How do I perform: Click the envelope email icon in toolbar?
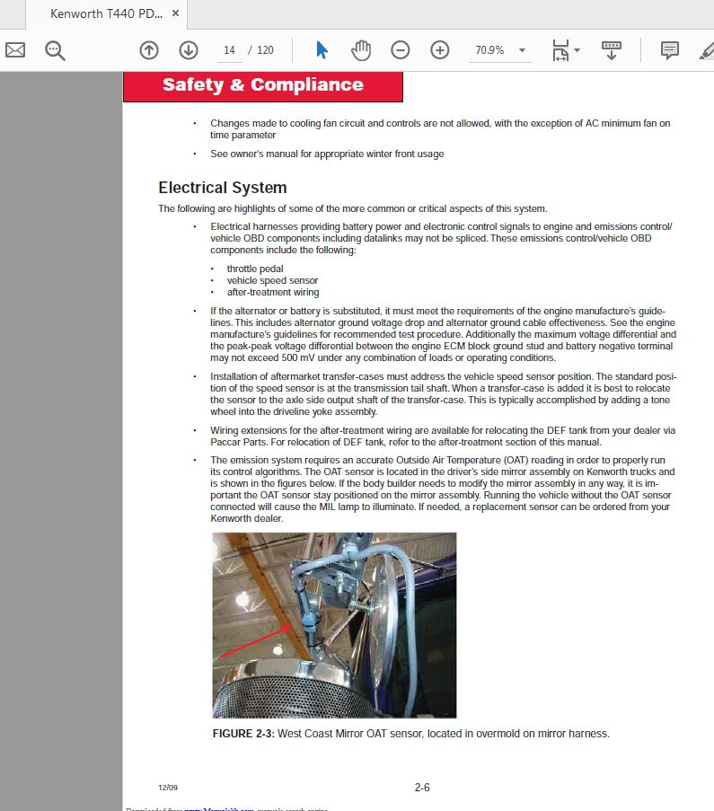15,50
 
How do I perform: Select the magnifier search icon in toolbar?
56,50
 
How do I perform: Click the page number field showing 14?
229,50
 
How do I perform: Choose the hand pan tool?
361,50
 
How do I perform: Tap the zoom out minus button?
401,50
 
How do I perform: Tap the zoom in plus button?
440,50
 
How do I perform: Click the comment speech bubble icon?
669,50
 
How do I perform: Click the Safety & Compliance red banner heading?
262,85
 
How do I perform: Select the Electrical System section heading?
223,188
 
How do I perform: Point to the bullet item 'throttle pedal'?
255,269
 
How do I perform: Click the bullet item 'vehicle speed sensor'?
272,280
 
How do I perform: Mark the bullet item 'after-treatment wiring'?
273,292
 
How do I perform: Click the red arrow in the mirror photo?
254,642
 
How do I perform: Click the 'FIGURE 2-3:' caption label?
243,734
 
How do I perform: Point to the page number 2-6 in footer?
422,788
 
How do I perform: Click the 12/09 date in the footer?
168,788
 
